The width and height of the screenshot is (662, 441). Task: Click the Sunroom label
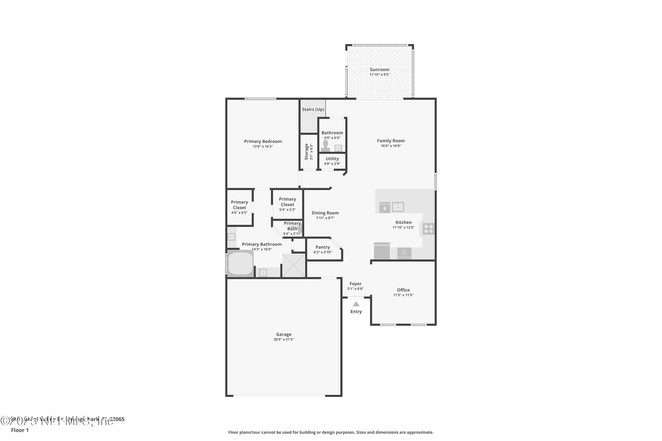(379, 69)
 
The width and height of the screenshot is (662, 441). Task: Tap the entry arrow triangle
(356, 304)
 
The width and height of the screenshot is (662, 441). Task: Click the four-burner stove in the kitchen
(428, 229)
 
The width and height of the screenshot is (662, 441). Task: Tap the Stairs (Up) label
(313, 109)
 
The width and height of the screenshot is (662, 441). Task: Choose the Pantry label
(323, 247)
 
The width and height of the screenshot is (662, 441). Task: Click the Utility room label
(332, 159)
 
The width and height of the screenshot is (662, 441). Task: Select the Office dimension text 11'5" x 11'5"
(403, 295)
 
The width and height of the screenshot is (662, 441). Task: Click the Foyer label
(355, 284)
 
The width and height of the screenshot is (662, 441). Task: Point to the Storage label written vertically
(307, 152)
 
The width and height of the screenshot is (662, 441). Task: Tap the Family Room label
(391, 141)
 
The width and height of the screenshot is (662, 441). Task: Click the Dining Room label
(325, 213)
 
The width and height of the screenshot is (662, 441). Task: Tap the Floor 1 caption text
(20, 430)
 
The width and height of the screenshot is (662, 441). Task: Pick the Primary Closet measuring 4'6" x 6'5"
(239, 207)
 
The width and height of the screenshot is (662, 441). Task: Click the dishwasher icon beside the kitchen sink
(384, 207)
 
